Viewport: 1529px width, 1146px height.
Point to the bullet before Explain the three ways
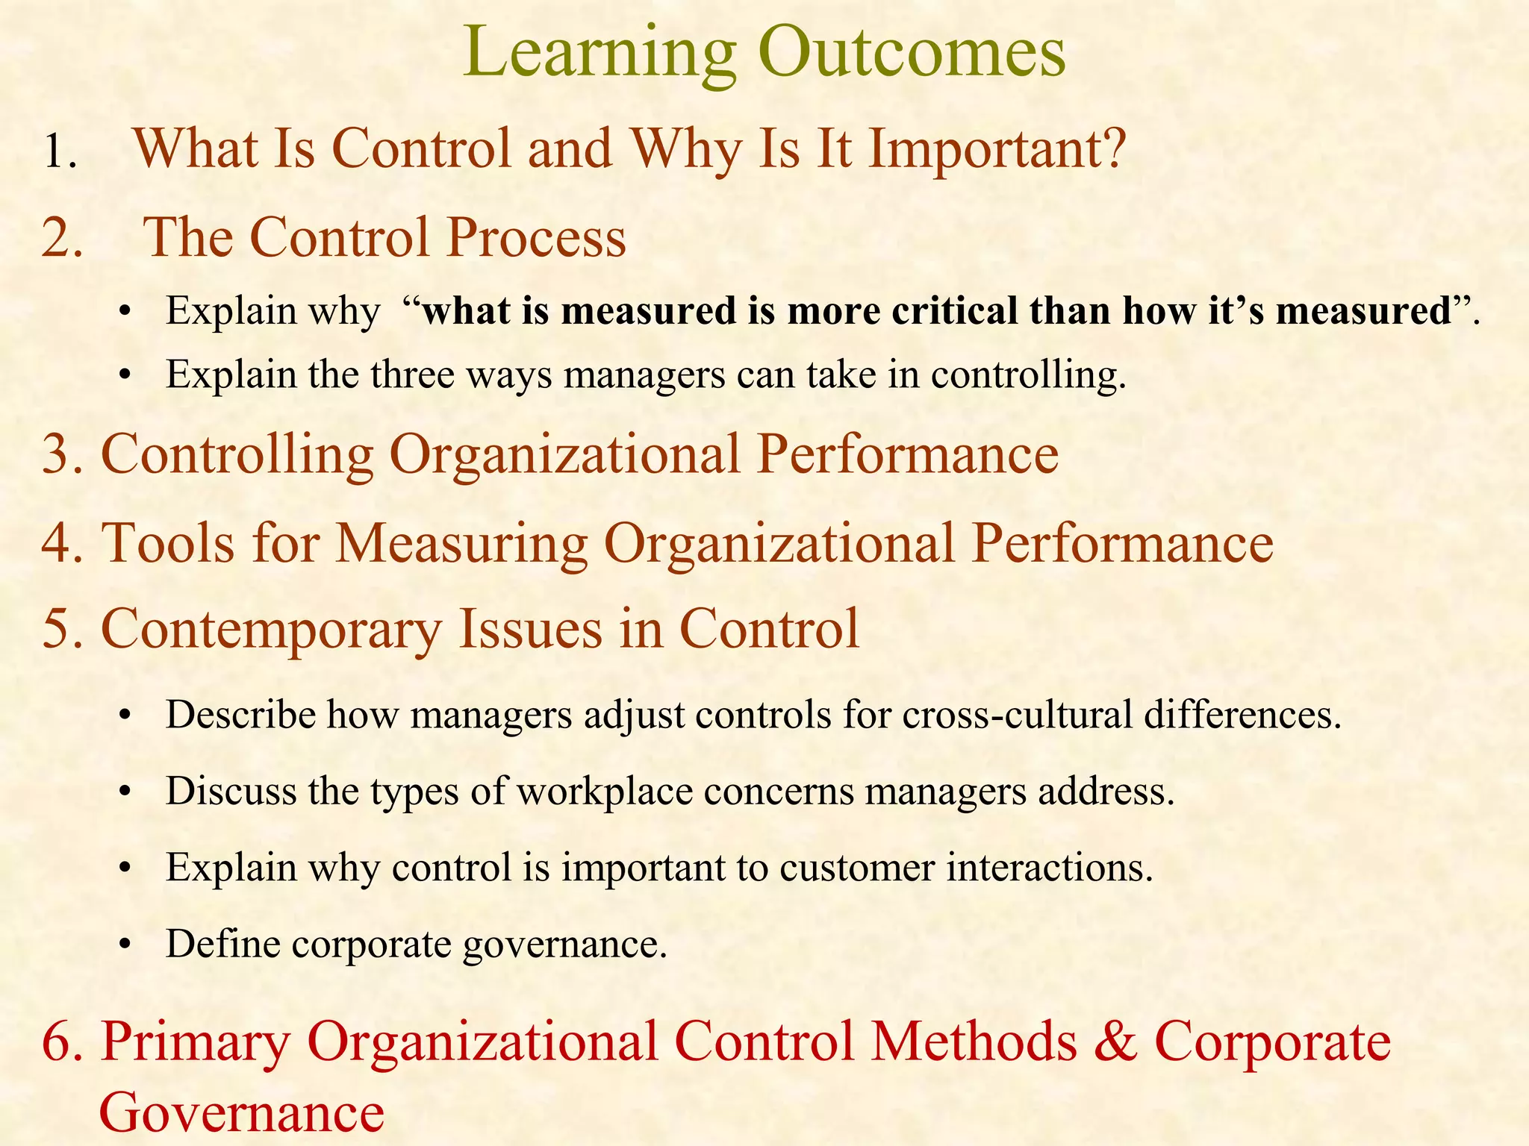coord(125,375)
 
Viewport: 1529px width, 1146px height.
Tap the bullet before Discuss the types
coord(125,792)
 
